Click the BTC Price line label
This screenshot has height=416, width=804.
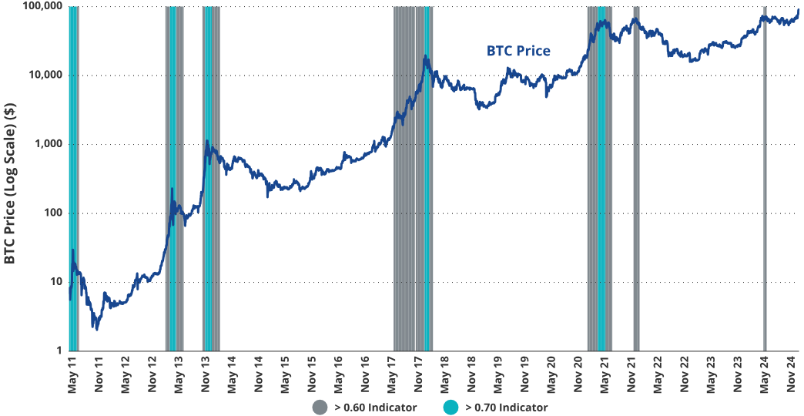[x=518, y=52]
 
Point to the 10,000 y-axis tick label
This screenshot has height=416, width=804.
[x=43, y=75]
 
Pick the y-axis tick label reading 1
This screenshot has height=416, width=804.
[x=59, y=351]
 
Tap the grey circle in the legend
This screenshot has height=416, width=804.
[x=320, y=407]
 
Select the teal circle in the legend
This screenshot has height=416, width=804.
[x=451, y=407]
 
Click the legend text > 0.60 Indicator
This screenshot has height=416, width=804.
[x=376, y=408]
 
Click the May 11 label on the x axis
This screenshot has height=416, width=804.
[x=72, y=373]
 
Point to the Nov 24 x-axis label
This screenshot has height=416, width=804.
[x=792, y=373]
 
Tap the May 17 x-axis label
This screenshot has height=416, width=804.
[x=393, y=373]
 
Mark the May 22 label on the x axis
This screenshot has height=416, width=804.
[x=659, y=373]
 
